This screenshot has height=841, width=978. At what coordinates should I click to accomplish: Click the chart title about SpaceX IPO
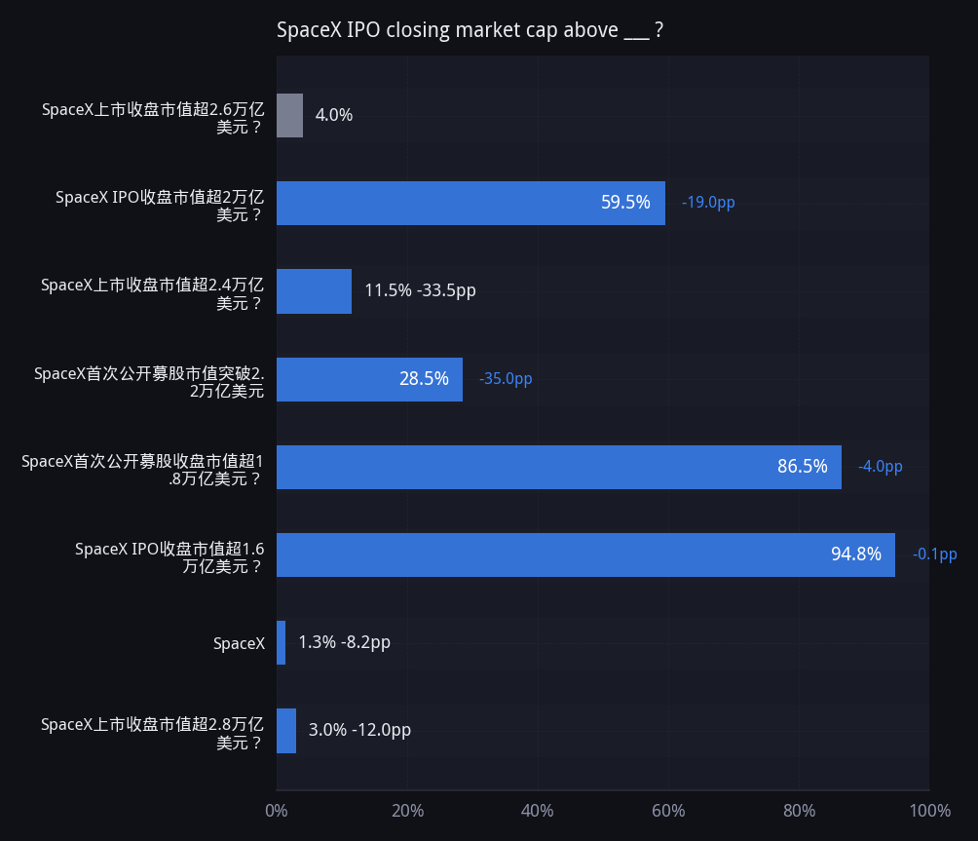point(470,30)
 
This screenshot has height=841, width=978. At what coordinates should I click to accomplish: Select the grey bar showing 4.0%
point(290,115)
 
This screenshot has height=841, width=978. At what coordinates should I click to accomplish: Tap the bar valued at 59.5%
point(470,204)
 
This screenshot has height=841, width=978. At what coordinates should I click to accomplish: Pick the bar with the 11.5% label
point(315,291)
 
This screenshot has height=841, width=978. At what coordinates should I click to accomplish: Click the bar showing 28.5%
point(370,379)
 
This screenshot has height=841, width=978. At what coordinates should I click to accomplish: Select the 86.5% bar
point(559,468)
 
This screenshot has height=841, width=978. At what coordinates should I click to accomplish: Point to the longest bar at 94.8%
point(585,554)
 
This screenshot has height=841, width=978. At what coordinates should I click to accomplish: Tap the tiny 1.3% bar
point(282,642)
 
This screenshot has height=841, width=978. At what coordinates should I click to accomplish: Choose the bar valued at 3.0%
point(286,731)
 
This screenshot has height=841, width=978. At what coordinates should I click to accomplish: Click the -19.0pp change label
point(708,203)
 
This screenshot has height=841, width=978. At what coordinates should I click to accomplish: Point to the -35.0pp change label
point(506,379)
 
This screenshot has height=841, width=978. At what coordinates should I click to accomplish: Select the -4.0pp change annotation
point(880,466)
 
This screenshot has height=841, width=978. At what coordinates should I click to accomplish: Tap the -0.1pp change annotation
point(934,554)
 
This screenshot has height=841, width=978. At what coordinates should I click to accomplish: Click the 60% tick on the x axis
point(668,811)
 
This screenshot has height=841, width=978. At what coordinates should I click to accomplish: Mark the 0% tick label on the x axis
point(277,811)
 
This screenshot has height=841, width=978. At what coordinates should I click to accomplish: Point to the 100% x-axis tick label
point(930,811)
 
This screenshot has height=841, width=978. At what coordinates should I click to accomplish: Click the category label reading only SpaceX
point(239,643)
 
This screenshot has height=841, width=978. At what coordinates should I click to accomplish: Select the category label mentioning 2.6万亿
point(153,118)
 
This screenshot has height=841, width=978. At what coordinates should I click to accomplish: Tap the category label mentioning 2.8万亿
point(152,733)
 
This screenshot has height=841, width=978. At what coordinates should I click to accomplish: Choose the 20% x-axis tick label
point(407,811)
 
